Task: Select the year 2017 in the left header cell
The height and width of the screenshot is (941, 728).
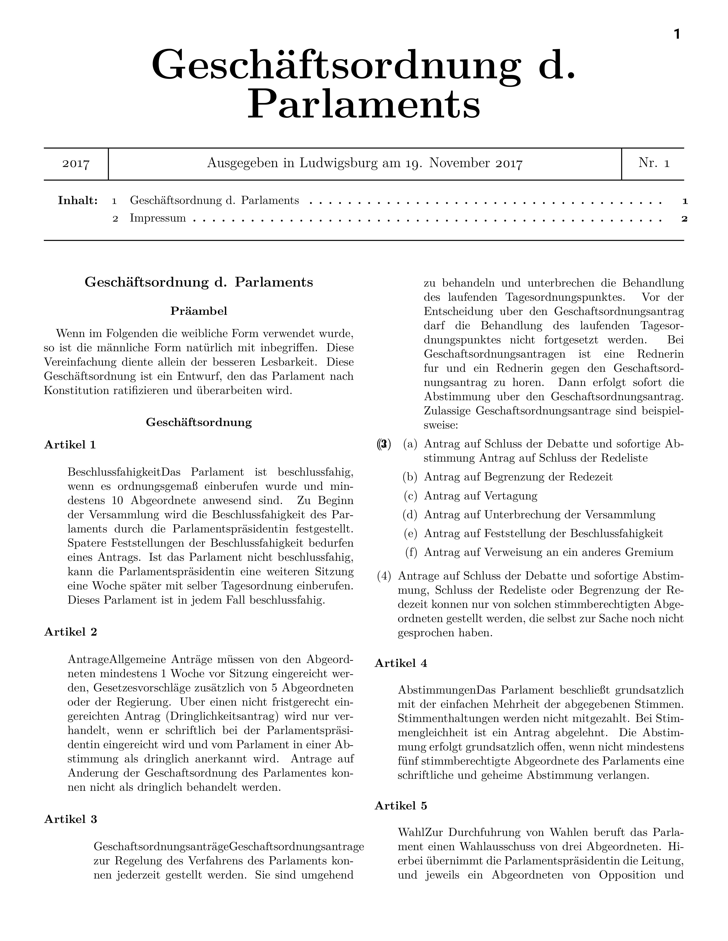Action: tap(76, 164)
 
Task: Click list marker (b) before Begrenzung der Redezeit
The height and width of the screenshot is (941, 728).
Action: tap(410, 477)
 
